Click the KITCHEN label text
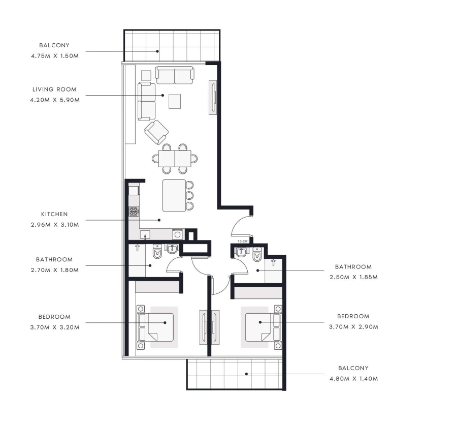54,214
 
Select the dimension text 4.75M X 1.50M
54,55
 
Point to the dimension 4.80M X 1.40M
354,378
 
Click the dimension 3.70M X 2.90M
354,326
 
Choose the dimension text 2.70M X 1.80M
54,270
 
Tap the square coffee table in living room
175,101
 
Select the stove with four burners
134,211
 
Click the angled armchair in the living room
156,132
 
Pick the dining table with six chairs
175,158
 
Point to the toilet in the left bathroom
157,251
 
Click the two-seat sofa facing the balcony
174,75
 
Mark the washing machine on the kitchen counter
177,234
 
